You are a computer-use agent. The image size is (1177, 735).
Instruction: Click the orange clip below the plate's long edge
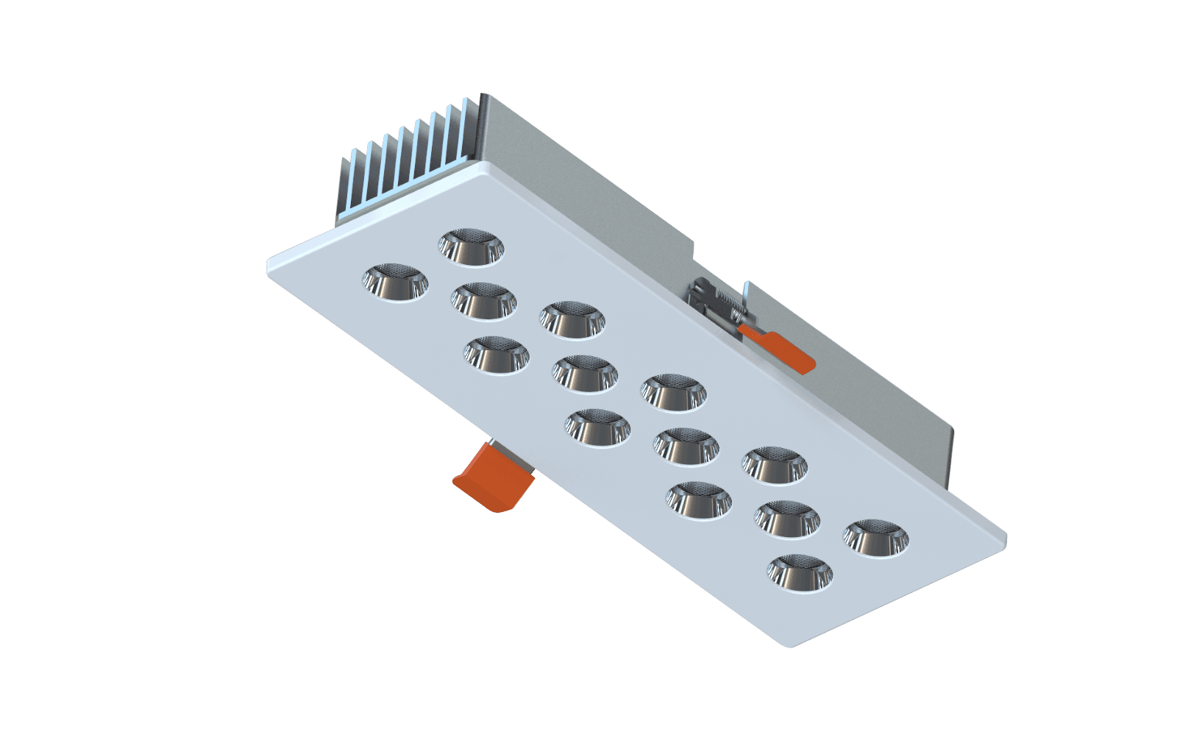point(492,477)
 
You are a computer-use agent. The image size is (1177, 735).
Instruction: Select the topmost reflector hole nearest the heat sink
point(471,246)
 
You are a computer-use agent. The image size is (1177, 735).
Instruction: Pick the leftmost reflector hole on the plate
point(394,283)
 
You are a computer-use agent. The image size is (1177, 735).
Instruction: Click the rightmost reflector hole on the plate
point(875,539)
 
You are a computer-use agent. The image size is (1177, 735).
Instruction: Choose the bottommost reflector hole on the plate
point(800,572)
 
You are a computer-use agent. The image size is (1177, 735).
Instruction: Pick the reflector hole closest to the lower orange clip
point(597,427)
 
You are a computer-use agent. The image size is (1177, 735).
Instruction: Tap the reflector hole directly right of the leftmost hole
point(483,301)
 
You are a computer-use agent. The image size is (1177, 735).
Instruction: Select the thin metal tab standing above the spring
point(746,298)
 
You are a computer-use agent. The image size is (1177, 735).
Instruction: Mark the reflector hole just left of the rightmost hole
point(786,519)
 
